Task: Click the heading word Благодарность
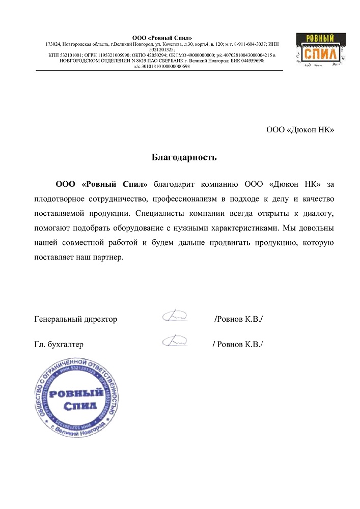pyautogui.click(x=184, y=157)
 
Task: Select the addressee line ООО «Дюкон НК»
pyautogui.click(x=300, y=129)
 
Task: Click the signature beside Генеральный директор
pyautogui.click(x=174, y=317)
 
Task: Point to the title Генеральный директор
pyautogui.click(x=76, y=319)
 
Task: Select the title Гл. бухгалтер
pyautogui.click(x=59, y=344)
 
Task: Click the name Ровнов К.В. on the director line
pyautogui.click(x=239, y=319)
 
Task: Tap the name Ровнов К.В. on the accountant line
pyautogui.click(x=239, y=344)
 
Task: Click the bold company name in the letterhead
pyautogui.click(x=162, y=38)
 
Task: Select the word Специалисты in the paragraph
pyautogui.click(x=159, y=211)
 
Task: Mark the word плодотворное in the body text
pyautogui.click(x=59, y=196)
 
